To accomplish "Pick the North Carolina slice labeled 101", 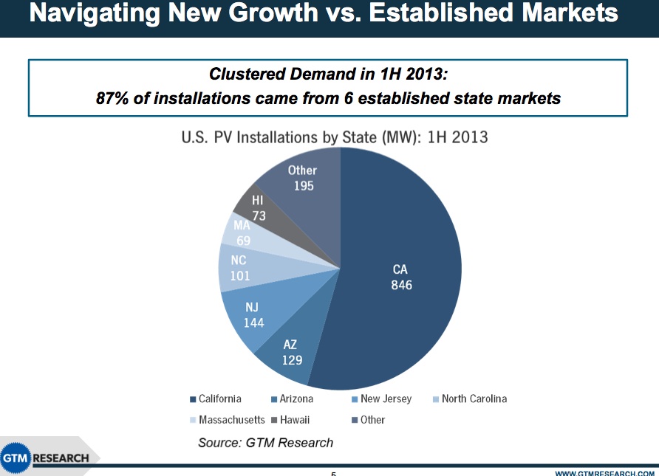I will (x=239, y=269).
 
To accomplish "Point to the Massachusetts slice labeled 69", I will (x=242, y=233).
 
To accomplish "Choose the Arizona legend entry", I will (x=296, y=399).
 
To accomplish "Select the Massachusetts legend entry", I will (x=231, y=419).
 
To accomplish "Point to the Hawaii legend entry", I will (x=294, y=419).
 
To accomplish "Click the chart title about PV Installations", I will (x=334, y=137).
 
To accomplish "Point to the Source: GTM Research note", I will (x=265, y=443).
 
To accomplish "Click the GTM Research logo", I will (x=46, y=458).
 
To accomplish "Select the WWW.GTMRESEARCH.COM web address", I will (x=604, y=472).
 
